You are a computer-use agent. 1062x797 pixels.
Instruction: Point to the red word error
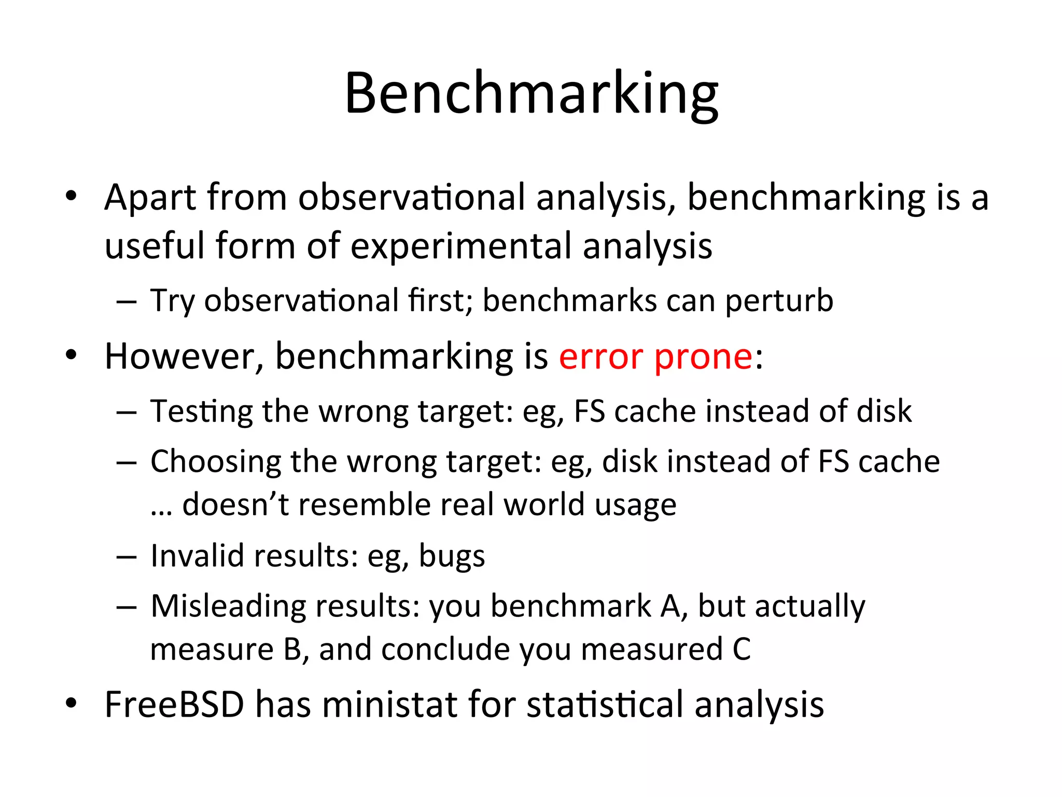(x=601, y=357)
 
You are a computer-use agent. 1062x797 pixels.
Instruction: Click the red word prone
(x=703, y=358)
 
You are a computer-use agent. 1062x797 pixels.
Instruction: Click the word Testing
(x=201, y=412)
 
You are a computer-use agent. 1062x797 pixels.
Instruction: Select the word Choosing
(x=215, y=462)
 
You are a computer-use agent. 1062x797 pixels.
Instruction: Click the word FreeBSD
(x=174, y=705)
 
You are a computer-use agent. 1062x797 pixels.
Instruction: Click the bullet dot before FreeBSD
(x=71, y=704)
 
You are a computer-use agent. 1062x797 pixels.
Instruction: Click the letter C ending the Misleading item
(x=742, y=649)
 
